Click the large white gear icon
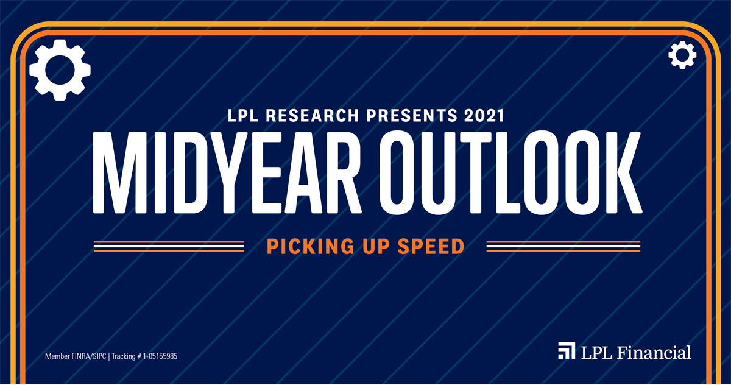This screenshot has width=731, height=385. click(x=60, y=69)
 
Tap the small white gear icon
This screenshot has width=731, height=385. click(x=682, y=56)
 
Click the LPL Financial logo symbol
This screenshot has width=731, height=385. click(x=566, y=351)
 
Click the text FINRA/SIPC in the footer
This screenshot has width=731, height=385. click(x=87, y=356)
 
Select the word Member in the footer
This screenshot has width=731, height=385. click(x=57, y=356)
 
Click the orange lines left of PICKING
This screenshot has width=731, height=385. click(x=169, y=246)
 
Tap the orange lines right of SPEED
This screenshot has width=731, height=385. click(x=563, y=246)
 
